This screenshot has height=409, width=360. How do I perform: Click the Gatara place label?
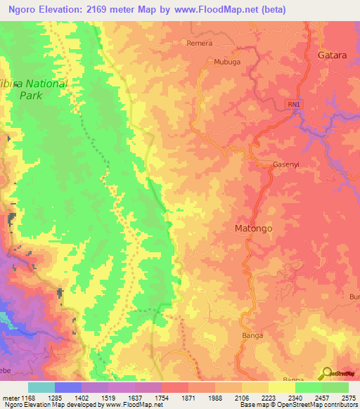click(x=333, y=55)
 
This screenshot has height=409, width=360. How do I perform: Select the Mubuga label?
click(x=226, y=62)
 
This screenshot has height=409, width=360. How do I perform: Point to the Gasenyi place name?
click(x=287, y=165)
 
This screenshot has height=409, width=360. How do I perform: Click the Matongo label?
click(x=252, y=229)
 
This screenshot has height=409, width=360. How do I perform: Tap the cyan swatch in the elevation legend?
click(x=41, y=387)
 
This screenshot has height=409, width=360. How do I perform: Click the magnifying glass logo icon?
click(x=326, y=374)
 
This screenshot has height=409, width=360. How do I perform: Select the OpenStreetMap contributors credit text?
click(x=320, y=405)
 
